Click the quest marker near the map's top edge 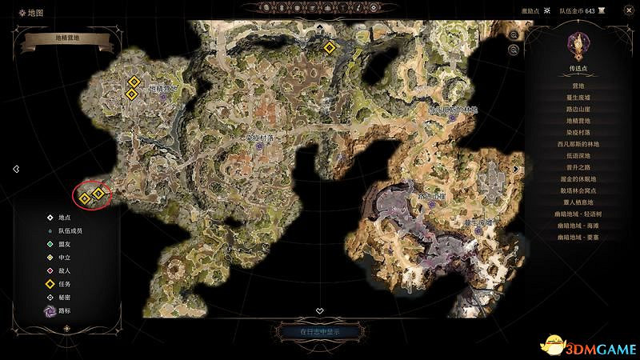click(329, 48)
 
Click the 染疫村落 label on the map click(259, 138)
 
